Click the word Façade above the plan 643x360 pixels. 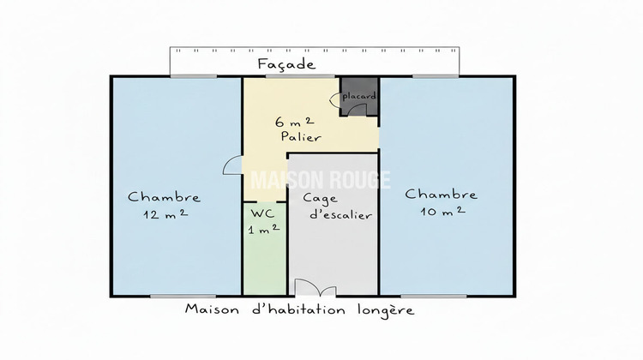pyautogui.click(x=287, y=64)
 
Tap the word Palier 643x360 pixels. pyautogui.click(x=299, y=136)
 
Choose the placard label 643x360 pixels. pyautogui.click(x=359, y=97)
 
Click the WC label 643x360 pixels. pyautogui.click(x=262, y=213)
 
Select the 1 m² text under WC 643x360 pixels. pyautogui.click(x=263, y=230)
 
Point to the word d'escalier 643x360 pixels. pyautogui.click(x=339, y=215)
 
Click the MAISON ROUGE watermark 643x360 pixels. pyautogui.click(x=319, y=180)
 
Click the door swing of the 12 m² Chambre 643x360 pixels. pyautogui.click(x=232, y=166)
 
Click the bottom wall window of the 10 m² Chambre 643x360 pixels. pyautogui.click(x=440, y=296)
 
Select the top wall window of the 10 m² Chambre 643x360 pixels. pyautogui.click(x=434, y=76)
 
